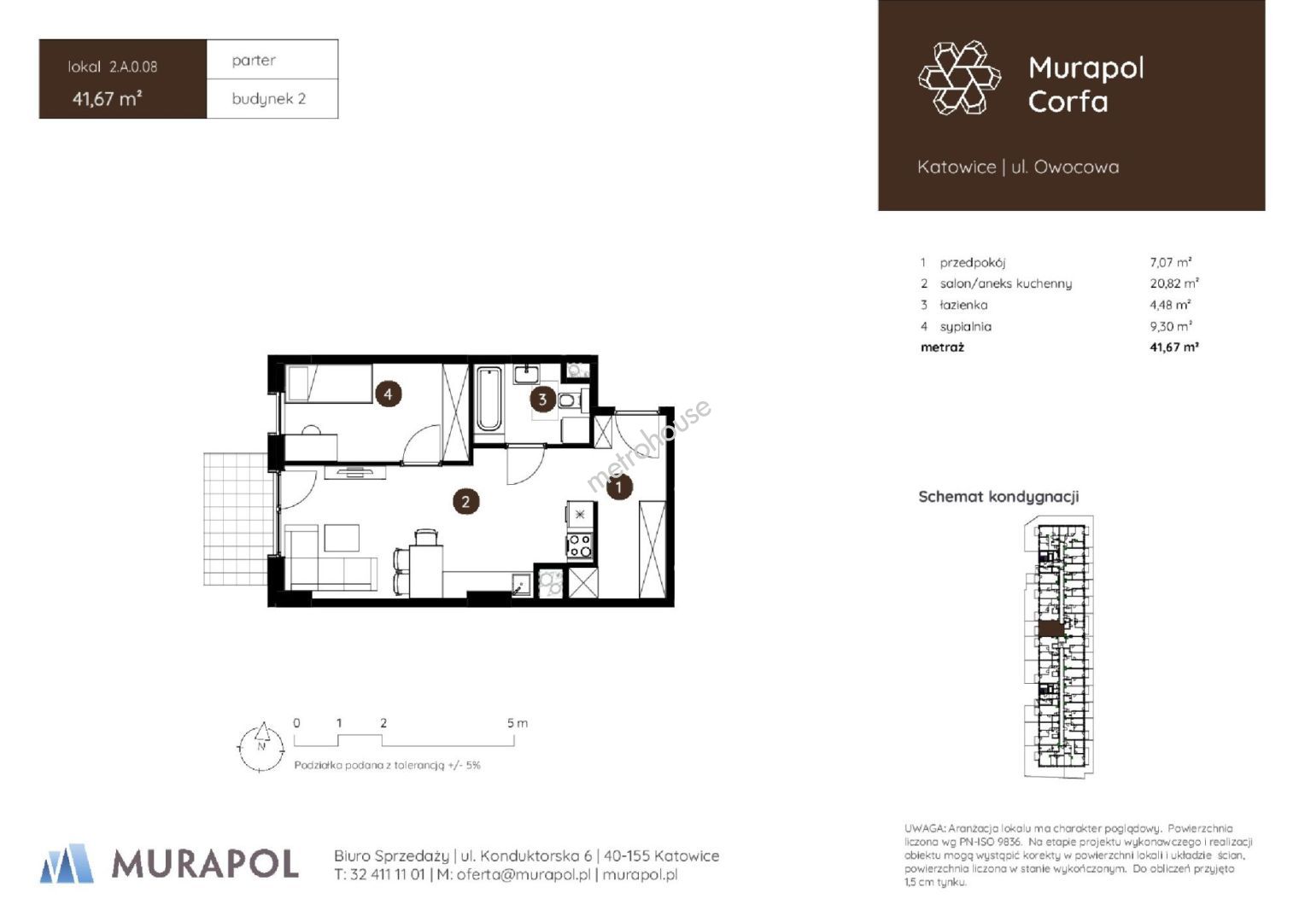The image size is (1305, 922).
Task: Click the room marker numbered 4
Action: (x=388, y=394)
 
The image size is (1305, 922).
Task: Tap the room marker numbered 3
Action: (x=542, y=400)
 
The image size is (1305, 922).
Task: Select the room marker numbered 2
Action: (x=465, y=501)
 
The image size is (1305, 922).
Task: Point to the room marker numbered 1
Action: (x=618, y=487)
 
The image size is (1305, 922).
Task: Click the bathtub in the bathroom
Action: (x=489, y=399)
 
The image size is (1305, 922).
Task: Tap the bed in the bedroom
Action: (x=329, y=383)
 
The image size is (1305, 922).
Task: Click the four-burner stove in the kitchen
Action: (x=580, y=546)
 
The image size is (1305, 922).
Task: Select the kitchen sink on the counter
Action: (x=522, y=584)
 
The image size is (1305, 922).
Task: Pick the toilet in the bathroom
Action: (x=569, y=400)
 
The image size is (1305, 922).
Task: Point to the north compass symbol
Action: (x=261, y=747)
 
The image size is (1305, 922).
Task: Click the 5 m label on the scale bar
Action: (x=517, y=723)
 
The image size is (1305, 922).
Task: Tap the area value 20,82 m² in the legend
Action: (x=1174, y=283)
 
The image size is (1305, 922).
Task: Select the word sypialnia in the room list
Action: (x=965, y=326)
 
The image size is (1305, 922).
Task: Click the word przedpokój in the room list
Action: (x=972, y=263)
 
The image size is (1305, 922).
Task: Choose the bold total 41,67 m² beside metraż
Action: (x=1174, y=347)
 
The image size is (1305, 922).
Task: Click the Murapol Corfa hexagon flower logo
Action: (x=959, y=78)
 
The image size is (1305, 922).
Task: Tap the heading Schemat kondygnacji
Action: (x=998, y=497)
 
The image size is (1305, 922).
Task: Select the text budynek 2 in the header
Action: (x=268, y=99)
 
